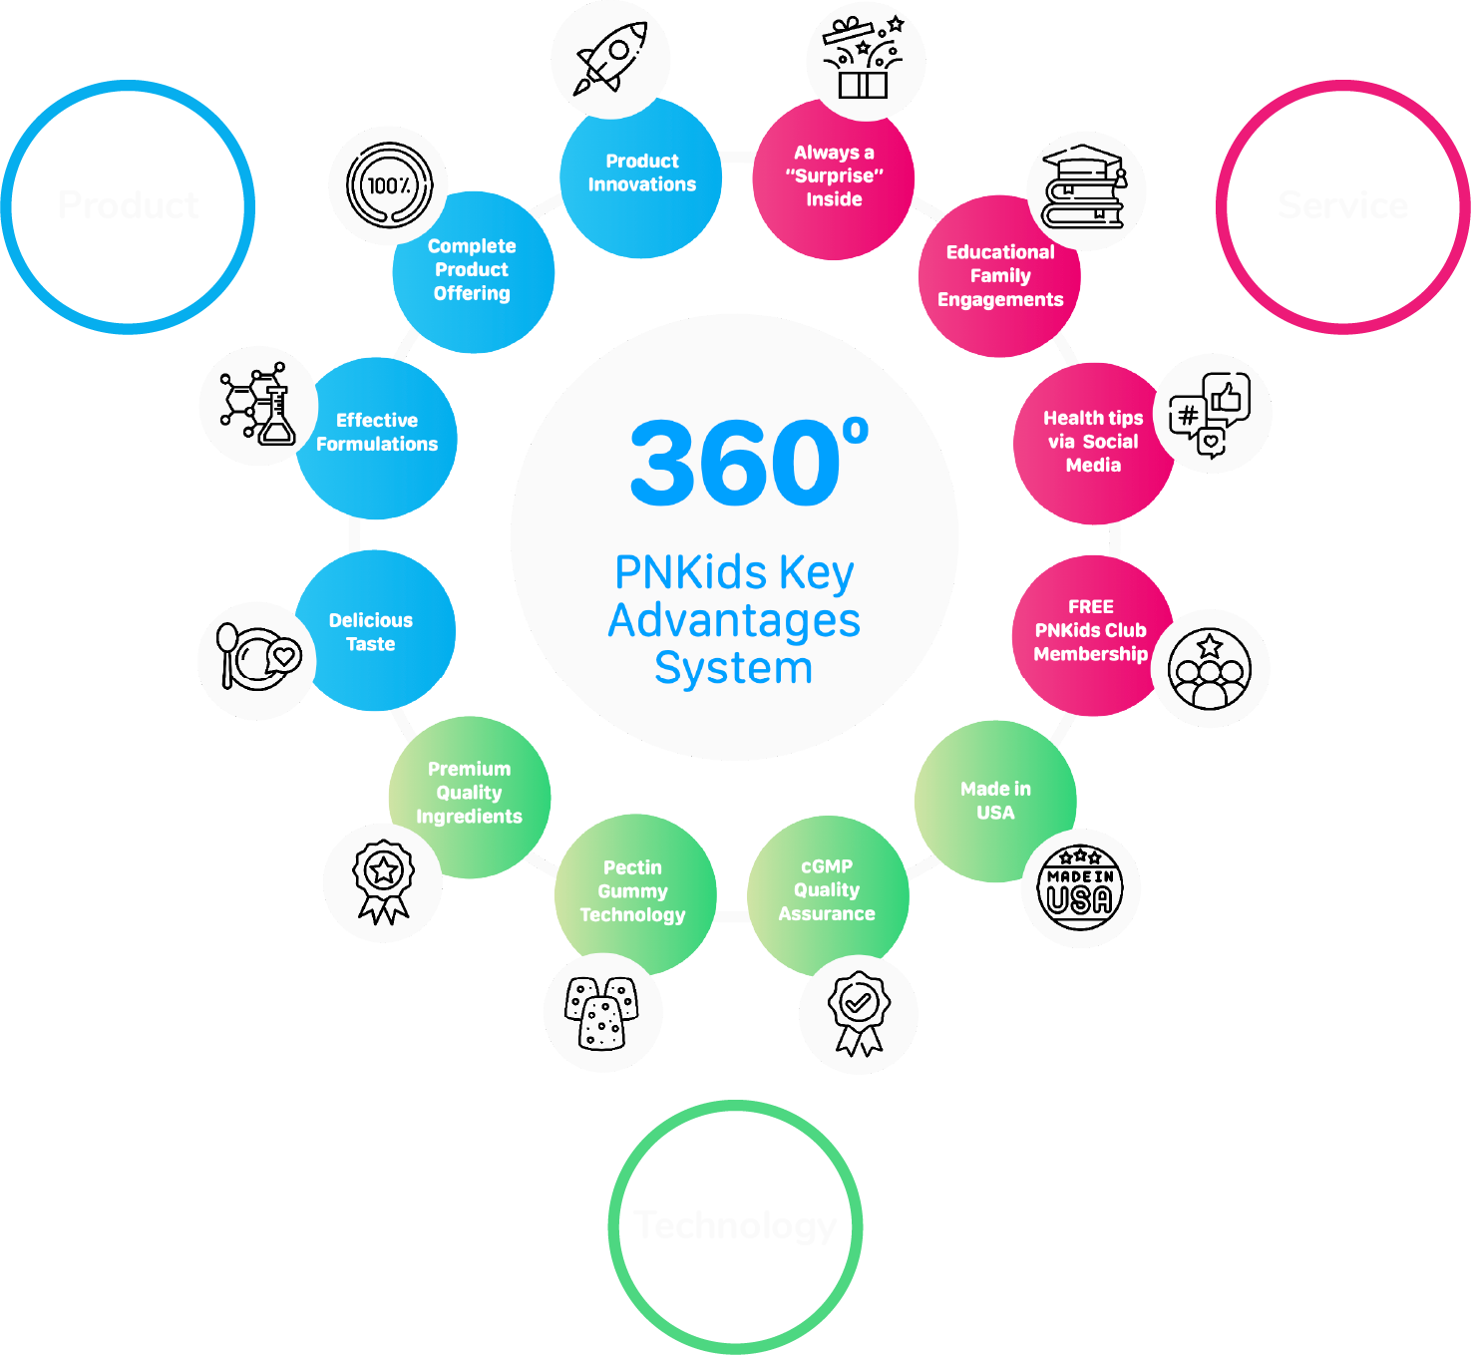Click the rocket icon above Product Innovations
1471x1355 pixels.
pyautogui.click(x=610, y=57)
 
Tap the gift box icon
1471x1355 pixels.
pyautogui.click(x=864, y=58)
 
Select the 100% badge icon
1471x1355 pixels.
pyautogui.click(x=389, y=185)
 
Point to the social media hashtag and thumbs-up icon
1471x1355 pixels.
pyautogui.click(x=1210, y=415)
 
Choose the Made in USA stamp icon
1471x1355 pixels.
pyautogui.click(x=1080, y=889)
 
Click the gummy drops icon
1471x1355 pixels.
pyautogui.click(x=601, y=1012)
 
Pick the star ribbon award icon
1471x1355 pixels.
pyautogui.click(x=383, y=881)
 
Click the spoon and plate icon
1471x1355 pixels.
pyautogui.click(x=257, y=657)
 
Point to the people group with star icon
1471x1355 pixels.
pyautogui.click(x=1210, y=669)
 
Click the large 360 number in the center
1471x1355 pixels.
pyautogui.click(x=736, y=463)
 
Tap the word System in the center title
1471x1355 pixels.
pyautogui.click(x=734, y=668)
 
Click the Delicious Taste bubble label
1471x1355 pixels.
pyautogui.click(x=371, y=632)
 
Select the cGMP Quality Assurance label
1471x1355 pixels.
pyautogui.click(x=827, y=889)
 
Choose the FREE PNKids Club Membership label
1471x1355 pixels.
pyautogui.click(x=1090, y=630)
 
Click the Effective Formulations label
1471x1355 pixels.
pyautogui.click(x=377, y=432)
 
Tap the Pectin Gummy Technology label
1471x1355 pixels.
pyautogui.click(x=632, y=890)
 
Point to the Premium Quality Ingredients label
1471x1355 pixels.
pyautogui.click(x=469, y=793)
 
